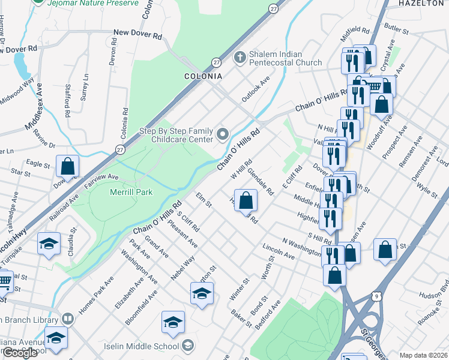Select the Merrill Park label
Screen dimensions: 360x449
131,192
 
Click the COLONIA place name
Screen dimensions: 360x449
202,77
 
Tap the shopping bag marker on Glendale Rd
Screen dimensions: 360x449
246,200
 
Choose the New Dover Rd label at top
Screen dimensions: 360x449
138,34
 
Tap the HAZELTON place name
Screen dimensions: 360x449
420,3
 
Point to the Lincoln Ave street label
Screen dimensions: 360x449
279,251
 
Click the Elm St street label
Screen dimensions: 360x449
204,200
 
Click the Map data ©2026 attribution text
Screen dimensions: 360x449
423,355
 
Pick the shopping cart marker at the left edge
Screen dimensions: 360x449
4,280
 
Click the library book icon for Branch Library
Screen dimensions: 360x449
67,318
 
